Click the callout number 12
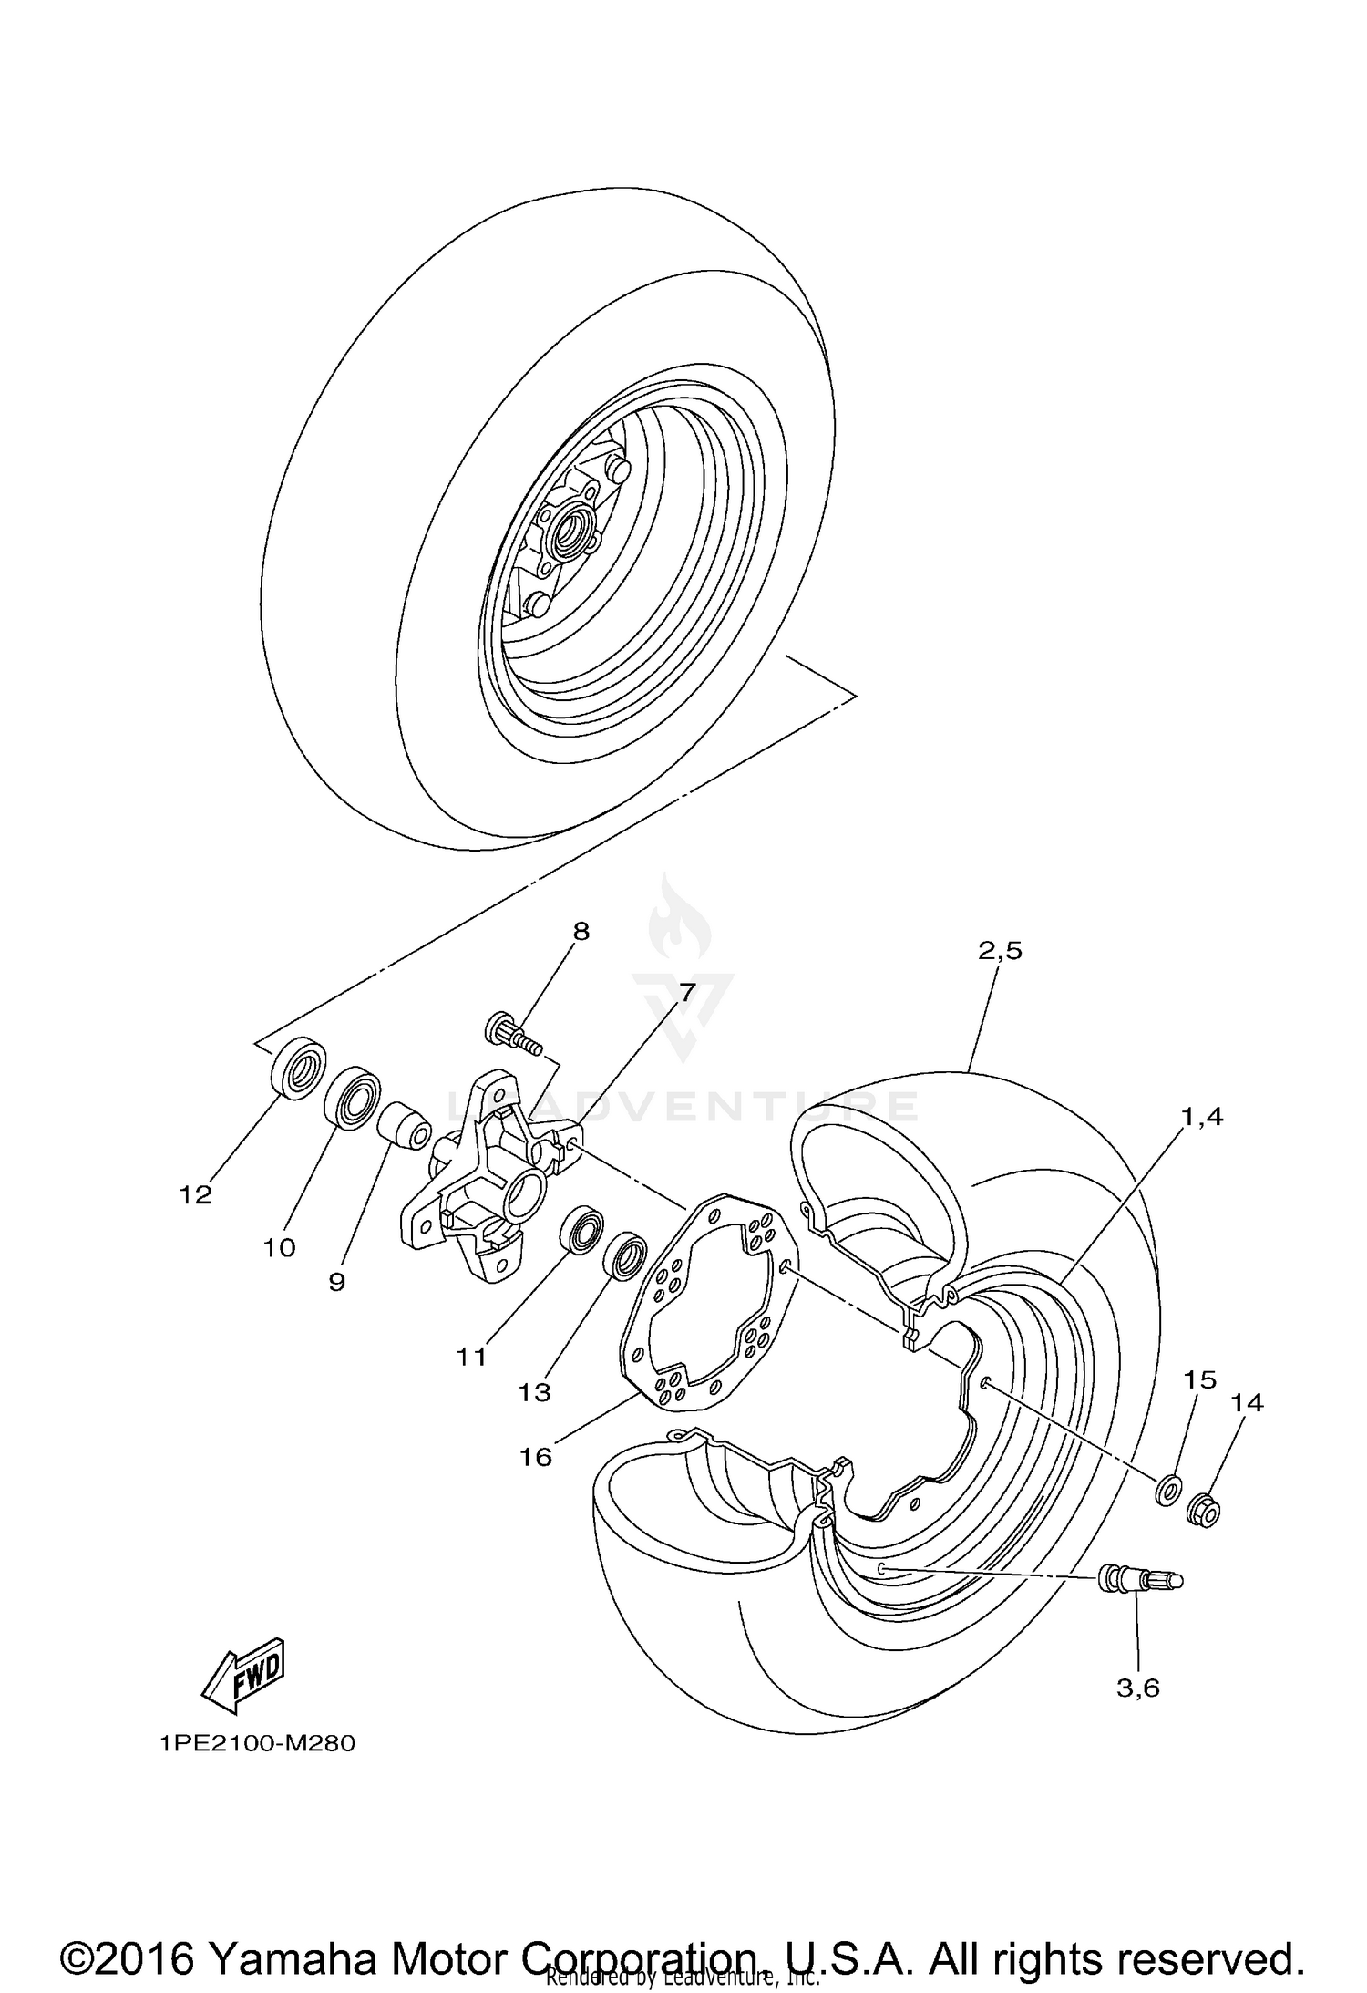click(196, 1194)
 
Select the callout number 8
click(581, 931)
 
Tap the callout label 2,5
click(1001, 951)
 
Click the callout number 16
click(536, 1457)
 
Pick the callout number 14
click(1247, 1403)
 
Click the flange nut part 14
click(1203, 1512)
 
